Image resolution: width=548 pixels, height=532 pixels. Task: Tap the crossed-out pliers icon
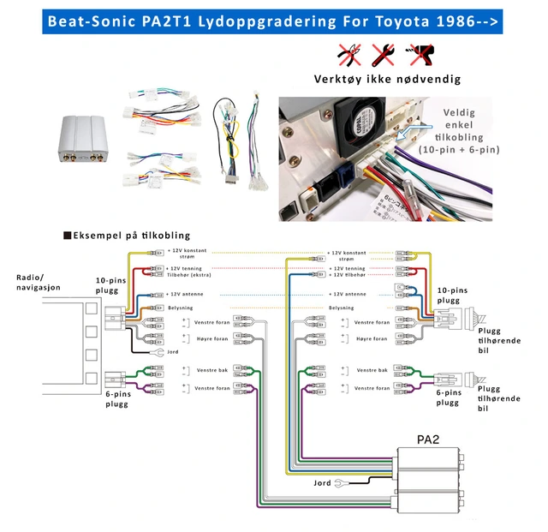(x=348, y=56)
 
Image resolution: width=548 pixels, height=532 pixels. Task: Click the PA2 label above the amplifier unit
(x=429, y=439)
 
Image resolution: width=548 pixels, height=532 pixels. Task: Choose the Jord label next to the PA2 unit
(x=322, y=483)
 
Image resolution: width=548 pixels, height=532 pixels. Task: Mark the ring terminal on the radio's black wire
(x=156, y=352)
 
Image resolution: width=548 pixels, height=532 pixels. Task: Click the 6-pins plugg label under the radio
(x=112, y=400)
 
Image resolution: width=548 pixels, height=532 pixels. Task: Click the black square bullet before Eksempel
(x=67, y=235)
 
